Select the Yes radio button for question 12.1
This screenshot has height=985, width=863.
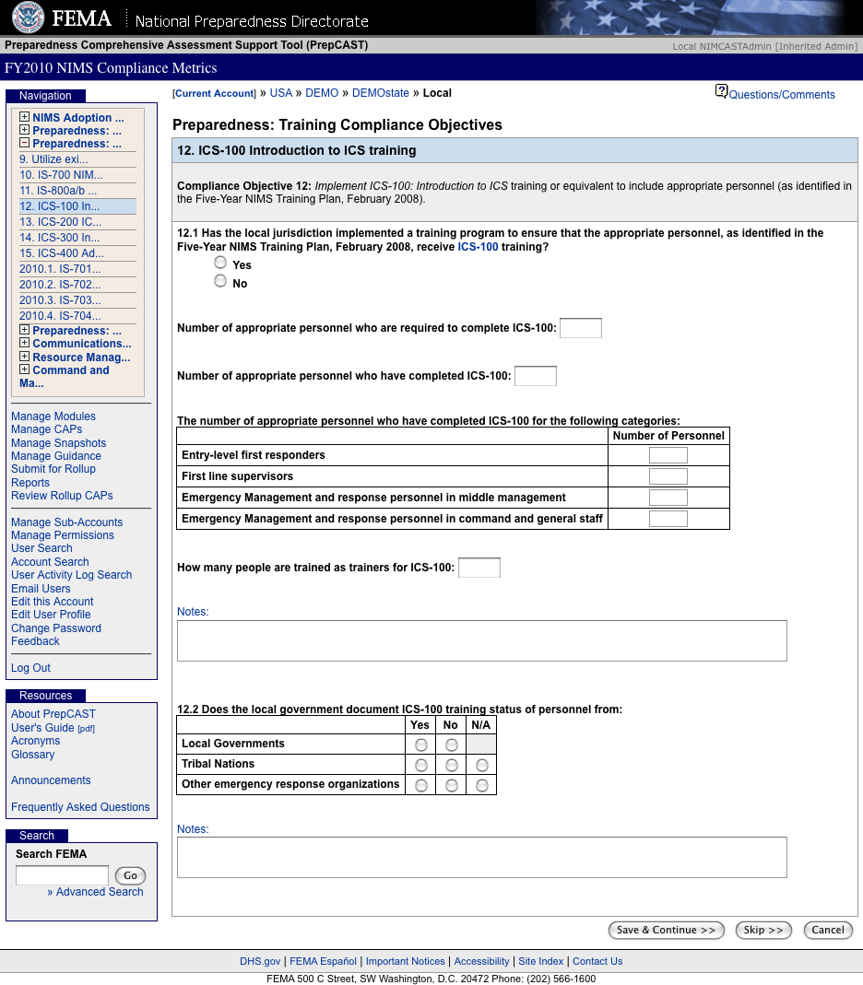click(220, 263)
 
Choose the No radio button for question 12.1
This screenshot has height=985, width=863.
click(220, 281)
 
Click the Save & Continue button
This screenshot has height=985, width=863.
click(667, 931)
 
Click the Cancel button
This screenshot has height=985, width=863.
click(828, 931)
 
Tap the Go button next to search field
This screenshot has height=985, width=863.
click(130, 876)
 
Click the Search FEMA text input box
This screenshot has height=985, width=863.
click(62, 875)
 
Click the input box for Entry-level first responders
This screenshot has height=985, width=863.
click(668, 455)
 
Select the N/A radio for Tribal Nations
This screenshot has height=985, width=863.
click(481, 766)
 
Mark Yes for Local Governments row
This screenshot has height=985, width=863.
click(421, 745)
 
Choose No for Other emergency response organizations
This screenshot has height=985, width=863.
click(451, 786)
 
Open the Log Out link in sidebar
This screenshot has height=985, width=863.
click(30, 668)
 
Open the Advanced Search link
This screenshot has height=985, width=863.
click(100, 892)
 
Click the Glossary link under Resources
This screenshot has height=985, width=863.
click(33, 755)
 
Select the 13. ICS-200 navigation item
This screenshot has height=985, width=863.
click(61, 222)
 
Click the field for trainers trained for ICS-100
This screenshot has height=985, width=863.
click(479, 568)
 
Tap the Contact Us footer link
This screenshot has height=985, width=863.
click(597, 961)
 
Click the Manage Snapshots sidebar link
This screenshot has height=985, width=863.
click(58, 443)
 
